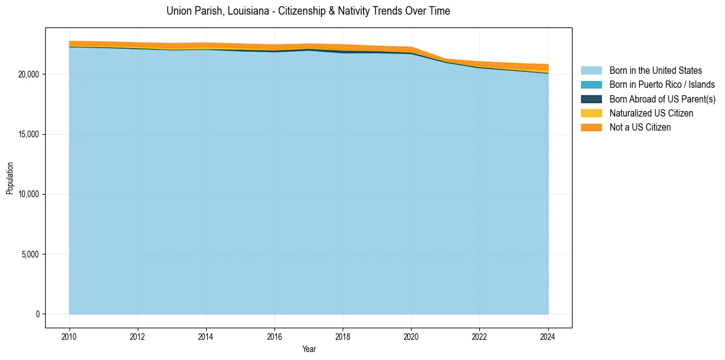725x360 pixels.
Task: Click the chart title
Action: pos(308,11)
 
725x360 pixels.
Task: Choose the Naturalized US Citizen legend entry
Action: pos(651,113)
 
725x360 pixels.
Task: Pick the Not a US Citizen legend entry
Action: pos(640,128)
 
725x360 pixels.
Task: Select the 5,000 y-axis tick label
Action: pos(31,254)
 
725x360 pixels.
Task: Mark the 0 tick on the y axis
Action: pos(38,314)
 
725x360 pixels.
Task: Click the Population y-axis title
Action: pos(10,178)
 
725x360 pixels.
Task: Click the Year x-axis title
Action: pos(309,349)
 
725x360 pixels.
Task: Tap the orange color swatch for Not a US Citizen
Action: pos(591,128)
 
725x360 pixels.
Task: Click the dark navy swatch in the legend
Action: pos(591,99)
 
